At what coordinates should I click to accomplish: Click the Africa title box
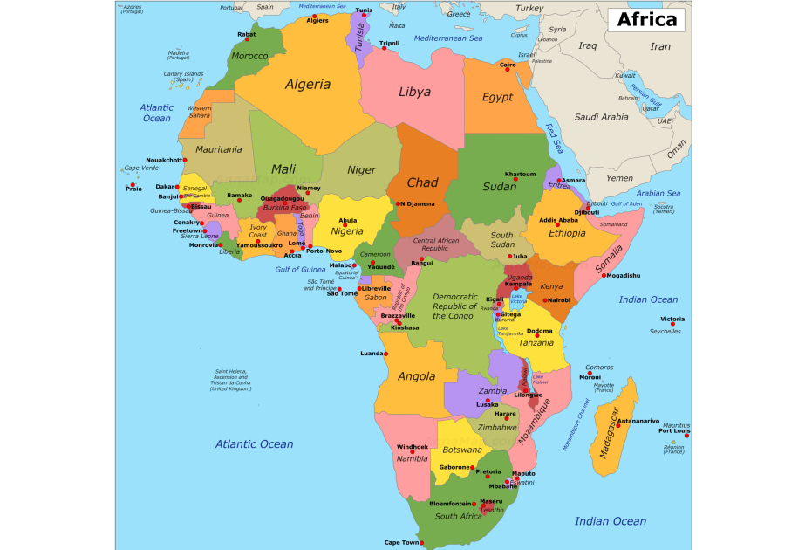pos(646,20)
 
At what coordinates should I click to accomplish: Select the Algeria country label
pos(308,85)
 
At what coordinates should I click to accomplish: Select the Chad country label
pos(422,182)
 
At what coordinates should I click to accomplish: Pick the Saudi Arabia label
pos(601,116)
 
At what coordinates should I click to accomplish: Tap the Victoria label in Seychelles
pos(672,320)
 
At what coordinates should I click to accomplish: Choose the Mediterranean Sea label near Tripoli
pos(447,38)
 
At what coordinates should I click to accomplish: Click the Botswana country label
pos(462,450)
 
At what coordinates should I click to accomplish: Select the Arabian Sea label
pos(658,193)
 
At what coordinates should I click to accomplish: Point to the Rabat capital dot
pos(252,40)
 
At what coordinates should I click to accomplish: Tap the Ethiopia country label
pos(567,233)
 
